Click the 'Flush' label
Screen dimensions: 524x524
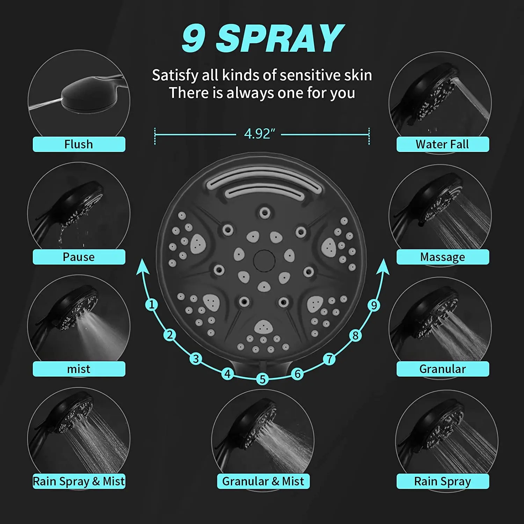tap(79, 144)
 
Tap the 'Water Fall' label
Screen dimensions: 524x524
tap(442, 144)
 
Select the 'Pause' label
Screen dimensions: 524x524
tap(79, 257)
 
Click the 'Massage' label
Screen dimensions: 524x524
tap(442, 257)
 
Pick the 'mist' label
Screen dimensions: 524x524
tap(79, 369)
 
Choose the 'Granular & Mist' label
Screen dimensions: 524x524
tap(263, 481)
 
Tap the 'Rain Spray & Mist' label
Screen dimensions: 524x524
tap(79, 481)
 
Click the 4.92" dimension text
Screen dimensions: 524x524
tap(259, 134)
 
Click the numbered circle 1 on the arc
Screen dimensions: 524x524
tap(151, 305)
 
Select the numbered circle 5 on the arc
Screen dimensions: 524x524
tap(262, 379)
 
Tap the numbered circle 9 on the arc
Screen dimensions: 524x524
tap(374, 305)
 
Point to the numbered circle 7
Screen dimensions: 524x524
tap(329, 359)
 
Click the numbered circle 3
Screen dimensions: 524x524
tap(196, 359)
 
